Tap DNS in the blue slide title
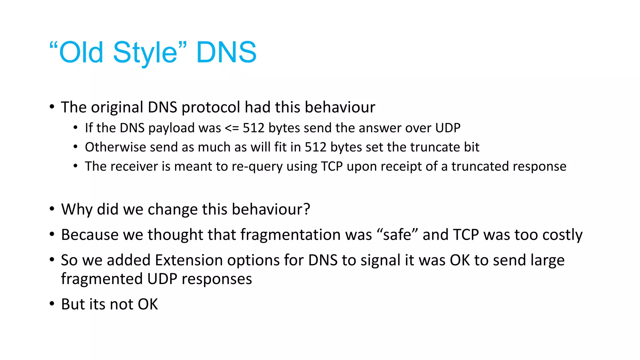tap(226, 52)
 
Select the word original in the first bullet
tap(117, 107)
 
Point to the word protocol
tap(211, 107)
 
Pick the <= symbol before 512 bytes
tap(232, 128)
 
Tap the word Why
tap(77, 209)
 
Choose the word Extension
tap(189, 260)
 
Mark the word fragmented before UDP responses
tap(102, 279)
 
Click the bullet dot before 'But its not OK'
tap(52, 304)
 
